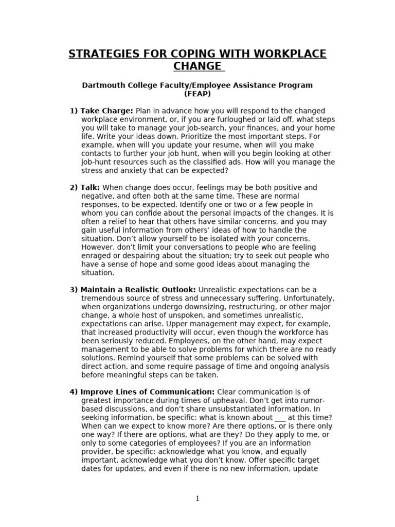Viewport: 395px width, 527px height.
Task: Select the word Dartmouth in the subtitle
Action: coord(103,85)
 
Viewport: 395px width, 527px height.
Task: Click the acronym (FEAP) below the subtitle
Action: coord(197,94)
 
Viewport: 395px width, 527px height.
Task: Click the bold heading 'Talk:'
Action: coord(89,187)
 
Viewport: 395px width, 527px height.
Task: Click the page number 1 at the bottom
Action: coord(197,498)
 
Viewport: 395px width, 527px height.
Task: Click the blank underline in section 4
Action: coord(280,417)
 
